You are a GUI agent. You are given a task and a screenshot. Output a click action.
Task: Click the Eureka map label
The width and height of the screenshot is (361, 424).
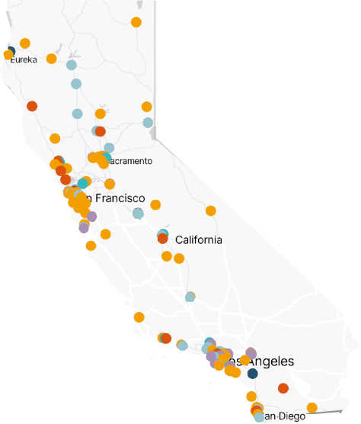pyautogui.click(x=24, y=60)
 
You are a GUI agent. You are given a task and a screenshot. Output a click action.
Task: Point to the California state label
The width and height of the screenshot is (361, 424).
pyautogui.click(x=199, y=239)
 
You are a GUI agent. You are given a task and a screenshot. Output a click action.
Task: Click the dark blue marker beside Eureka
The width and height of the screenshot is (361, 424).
pyautogui.click(x=10, y=52)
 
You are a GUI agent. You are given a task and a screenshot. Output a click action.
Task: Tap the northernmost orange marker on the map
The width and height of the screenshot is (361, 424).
pyautogui.click(x=136, y=22)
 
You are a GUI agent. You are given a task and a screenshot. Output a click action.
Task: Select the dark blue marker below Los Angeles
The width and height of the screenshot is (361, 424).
pyautogui.click(x=252, y=373)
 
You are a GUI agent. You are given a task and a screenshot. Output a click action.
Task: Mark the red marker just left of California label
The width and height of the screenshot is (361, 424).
pyautogui.click(x=162, y=239)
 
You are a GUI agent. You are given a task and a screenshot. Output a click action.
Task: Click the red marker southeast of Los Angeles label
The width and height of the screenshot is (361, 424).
pyautogui.click(x=283, y=388)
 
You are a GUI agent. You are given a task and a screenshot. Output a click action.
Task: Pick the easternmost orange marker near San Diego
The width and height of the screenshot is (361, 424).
pyautogui.click(x=311, y=407)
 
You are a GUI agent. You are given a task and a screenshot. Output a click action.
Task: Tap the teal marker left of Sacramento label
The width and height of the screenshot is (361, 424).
pyautogui.click(x=106, y=158)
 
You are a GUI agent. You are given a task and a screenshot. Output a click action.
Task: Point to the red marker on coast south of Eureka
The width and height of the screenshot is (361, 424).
pyautogui.click(x=32, y=106)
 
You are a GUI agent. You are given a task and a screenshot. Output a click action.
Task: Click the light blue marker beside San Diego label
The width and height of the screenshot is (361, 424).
pyautogui.click(x=260, y=416)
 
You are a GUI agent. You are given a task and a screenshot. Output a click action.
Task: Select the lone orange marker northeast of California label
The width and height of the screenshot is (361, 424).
pyautogui.click(x=211, y=210)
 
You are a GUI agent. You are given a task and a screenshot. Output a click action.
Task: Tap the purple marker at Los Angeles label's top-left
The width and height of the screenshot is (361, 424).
pyautogui.click(x=251, y=353)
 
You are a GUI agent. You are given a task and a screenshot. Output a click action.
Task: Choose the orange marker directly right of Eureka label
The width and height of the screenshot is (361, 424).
pyautogui.click(x=51, y=59)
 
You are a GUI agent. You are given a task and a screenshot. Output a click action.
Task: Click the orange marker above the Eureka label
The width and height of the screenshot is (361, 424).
pyautogui.click(x=25, y=43)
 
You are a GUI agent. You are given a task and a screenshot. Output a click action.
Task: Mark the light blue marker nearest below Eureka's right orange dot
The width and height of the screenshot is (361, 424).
pyautogui.click(x=72, y=65)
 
